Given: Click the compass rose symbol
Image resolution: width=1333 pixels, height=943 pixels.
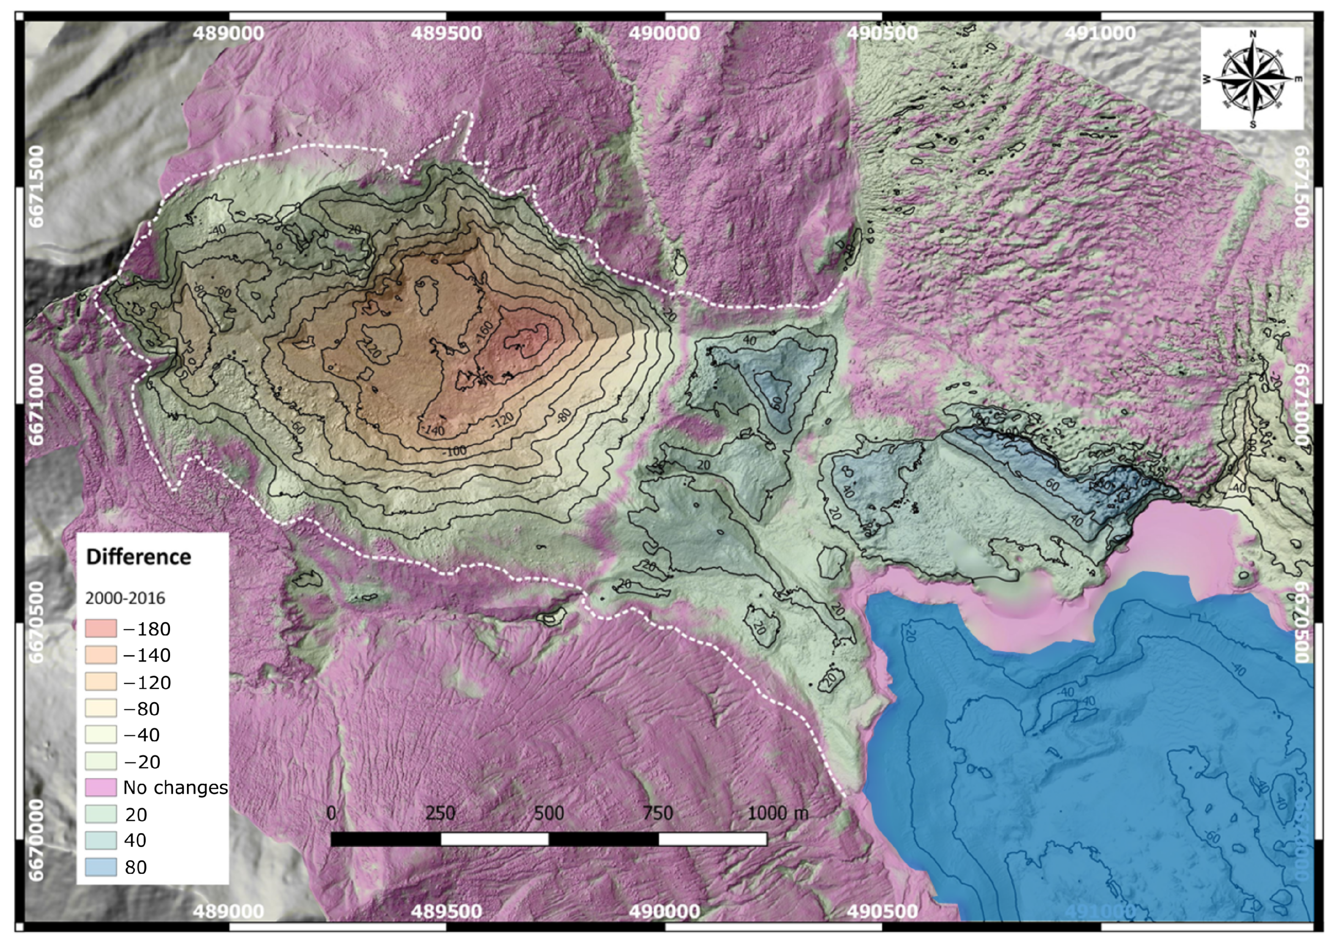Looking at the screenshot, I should coord(1252,79).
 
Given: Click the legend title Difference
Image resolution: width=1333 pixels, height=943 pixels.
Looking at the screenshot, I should coord(138,557).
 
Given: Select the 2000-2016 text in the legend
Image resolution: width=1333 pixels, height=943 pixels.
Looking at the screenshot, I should coord(125,598).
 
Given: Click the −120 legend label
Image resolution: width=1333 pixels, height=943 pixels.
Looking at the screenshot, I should coord(147,682).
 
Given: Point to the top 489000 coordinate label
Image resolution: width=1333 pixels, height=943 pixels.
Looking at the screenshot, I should coord(228,32).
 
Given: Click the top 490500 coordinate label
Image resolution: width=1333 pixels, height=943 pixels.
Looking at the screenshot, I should coord(882,32).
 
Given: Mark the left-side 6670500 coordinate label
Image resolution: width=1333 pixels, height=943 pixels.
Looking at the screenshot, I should coord(36,622).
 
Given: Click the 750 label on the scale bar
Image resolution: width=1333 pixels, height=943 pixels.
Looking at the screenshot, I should coord(658,813).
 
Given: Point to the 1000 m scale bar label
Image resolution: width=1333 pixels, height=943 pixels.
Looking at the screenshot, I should coord(777,813).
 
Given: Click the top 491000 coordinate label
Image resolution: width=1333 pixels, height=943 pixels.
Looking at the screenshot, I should coord(1099,32).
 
